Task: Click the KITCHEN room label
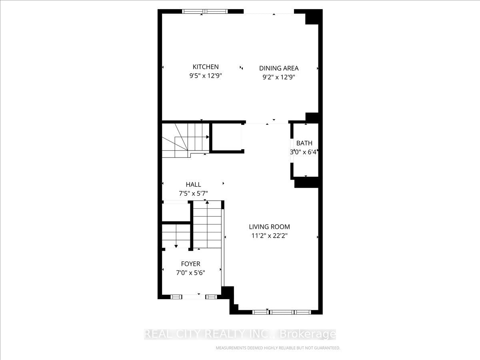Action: tap(206, 67)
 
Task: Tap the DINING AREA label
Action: tap(279, 68)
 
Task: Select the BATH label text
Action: tap(304, 143)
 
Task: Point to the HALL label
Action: tap(193, 184)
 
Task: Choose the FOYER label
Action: tap(190, 264)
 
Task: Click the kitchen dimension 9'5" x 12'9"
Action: tap(206, 76)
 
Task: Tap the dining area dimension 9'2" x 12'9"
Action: tap(279, 78)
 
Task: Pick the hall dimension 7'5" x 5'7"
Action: tap(193, 194)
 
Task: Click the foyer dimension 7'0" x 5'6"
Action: tap(190, 273)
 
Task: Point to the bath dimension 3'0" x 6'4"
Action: tap(304, 152)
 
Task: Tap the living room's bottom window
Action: tap(282, 312)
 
